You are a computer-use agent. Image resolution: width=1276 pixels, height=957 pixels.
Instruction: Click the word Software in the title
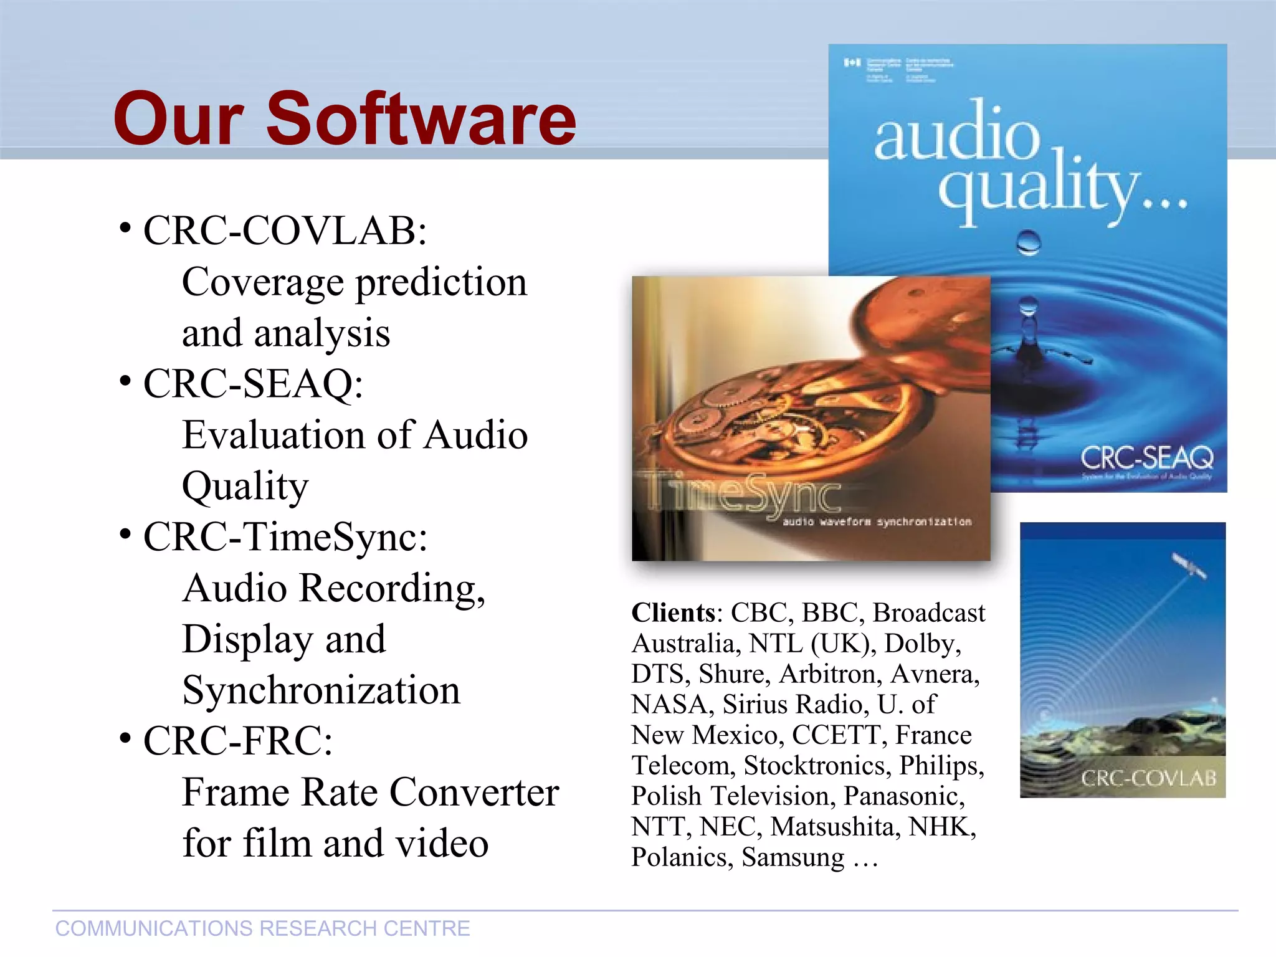coord(421,118)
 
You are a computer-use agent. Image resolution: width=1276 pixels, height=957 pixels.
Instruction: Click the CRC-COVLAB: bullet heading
coord(285,231)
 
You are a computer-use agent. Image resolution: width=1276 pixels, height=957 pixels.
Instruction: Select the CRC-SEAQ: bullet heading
coord(253,383)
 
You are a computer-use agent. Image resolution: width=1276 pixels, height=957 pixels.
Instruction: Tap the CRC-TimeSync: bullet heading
coord(285,536)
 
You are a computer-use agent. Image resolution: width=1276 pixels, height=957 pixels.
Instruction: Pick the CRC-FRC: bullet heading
coord(238,741)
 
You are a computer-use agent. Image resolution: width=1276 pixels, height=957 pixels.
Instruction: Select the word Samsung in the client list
coord(793,857)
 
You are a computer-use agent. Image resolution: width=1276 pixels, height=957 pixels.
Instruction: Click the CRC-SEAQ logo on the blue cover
coord(1146,458)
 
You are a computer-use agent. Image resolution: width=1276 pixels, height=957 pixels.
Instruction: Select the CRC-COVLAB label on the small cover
coord(1148,778)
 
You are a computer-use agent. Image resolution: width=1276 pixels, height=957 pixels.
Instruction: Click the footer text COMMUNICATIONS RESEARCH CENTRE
coord(262,928)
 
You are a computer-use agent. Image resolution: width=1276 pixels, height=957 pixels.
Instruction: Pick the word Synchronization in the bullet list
coord(321,690)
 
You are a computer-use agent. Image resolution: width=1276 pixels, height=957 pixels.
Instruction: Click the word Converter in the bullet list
coord(474,793)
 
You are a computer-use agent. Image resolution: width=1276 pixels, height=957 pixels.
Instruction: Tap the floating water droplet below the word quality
coord(1028,242)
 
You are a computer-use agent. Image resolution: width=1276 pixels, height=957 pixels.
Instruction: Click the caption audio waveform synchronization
coord(877,521)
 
